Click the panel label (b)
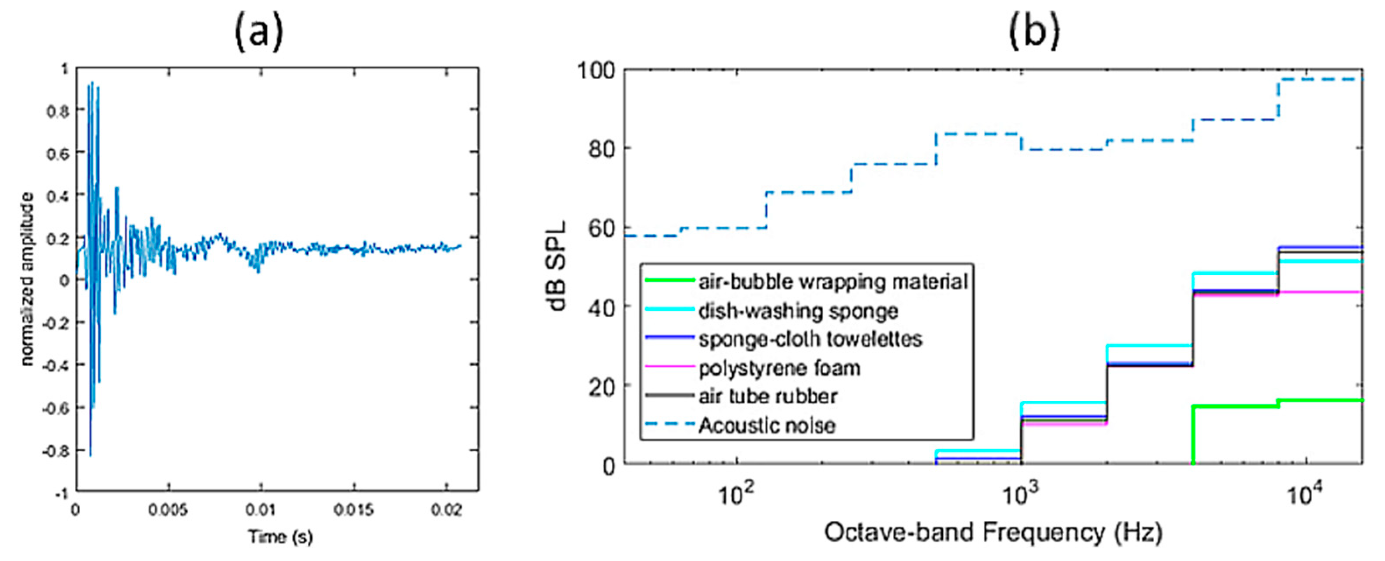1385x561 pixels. pos(1033,31)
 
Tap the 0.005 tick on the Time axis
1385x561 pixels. pos(168,509)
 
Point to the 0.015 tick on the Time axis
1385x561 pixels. pos(353,509)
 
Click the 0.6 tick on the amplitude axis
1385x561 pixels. pos(57,153)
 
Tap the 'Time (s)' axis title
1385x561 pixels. pos(280,536)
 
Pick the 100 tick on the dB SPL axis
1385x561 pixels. pos(596,70)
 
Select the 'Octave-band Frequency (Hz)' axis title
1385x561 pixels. pos(993,533)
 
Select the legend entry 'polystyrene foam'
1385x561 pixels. pos(779,368)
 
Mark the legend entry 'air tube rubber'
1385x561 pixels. pos(768,396)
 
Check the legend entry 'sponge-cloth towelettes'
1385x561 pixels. pos(810,339)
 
